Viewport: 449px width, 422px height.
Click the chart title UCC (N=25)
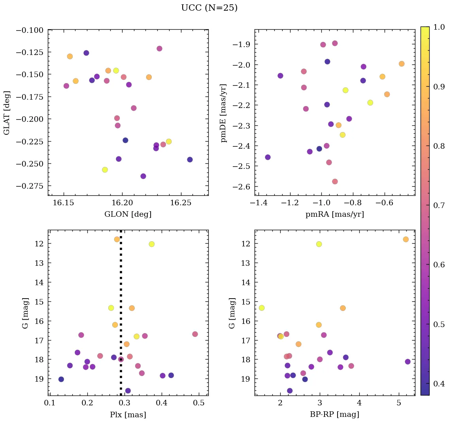209,8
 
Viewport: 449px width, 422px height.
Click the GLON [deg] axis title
128,214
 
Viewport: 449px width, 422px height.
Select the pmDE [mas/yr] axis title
224,113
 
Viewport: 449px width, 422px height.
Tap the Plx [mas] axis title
128,414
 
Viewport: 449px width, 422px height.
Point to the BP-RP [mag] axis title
334,414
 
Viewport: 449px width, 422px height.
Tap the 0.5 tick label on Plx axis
199,403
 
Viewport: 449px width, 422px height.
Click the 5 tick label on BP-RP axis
398,403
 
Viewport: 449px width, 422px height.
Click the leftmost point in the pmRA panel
268,157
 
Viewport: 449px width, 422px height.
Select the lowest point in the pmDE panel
335,182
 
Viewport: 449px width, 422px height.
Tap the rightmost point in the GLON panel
190,159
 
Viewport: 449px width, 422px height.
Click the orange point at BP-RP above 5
406,239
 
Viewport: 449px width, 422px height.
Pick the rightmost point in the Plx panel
195,334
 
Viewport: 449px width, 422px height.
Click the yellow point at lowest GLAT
105,170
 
